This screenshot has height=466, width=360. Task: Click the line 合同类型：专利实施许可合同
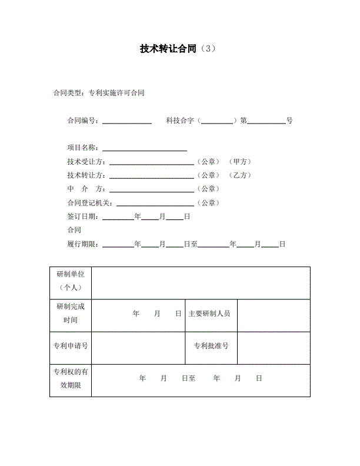click(98, 93)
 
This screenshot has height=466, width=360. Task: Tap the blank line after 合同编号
click(127, 121)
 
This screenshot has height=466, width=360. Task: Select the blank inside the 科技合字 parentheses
click(217, 121)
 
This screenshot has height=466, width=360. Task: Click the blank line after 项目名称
click(144, 148)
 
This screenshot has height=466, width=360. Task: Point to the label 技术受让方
click(86, 162)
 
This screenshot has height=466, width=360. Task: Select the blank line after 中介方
click(152, 189)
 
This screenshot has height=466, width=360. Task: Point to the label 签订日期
click(83, 217)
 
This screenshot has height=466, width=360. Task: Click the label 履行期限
click(83, 244)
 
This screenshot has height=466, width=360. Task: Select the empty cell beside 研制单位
click(201, 282)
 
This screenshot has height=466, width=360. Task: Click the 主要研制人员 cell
click(209, 314)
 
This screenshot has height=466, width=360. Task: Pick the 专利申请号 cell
click(71, 345)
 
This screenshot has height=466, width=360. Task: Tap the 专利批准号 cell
click(211, 345)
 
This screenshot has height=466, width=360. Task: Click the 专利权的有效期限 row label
click(71, 378)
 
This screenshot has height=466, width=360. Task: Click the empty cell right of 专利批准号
click(273, 345)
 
